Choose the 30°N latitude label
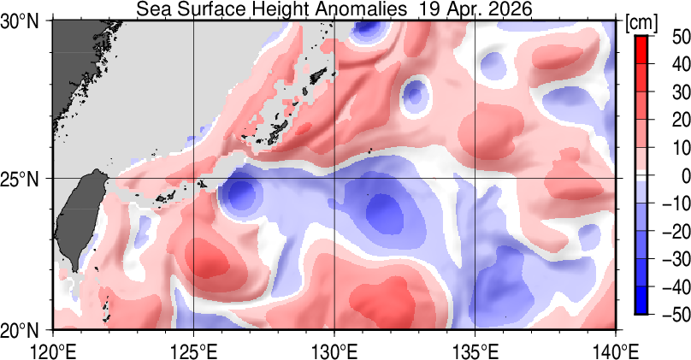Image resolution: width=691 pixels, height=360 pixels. [24, 22]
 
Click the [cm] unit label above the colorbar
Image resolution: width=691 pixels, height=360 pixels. [641, 22]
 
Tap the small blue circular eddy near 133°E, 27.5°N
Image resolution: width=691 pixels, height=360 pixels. [416, 92]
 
